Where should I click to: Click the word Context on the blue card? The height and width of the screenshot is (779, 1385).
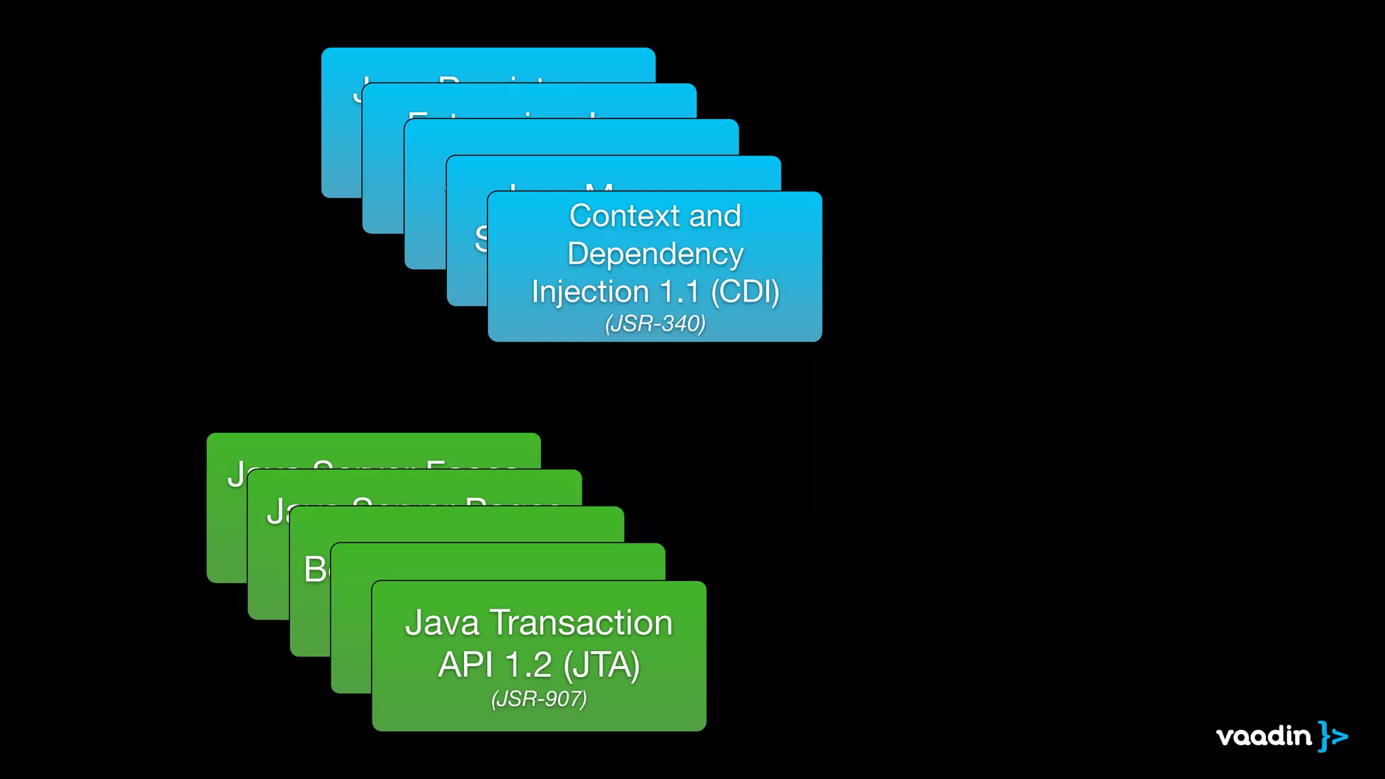(x=624, y=216)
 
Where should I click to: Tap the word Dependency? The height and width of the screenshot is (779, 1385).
(x=655, y=254)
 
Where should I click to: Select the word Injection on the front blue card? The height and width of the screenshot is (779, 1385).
(x=590, y=292)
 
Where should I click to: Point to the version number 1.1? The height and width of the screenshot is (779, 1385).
(x=680, y=292)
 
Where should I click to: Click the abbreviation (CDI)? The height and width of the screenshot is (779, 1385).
(x=745, y=292)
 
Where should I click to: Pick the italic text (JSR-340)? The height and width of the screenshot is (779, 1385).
(x=655, y=324)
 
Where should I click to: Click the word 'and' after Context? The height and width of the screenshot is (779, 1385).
(x=715, y=216)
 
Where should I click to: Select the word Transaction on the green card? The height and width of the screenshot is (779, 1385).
(x=581, y=623)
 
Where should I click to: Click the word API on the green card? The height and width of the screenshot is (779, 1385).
(x=465, y=665)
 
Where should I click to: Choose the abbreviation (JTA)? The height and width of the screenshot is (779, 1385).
(x=601, y=665)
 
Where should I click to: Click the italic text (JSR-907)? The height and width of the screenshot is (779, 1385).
(x=539, y=699)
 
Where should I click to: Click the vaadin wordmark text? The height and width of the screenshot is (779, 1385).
(x=1263, y=736)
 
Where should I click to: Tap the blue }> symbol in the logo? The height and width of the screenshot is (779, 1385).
(x=1333, y=736)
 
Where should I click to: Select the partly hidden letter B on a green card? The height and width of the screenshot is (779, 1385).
(x=315, y=569)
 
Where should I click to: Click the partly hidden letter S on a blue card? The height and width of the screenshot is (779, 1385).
(x=481, y=239)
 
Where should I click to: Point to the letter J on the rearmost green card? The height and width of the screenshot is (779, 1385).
(x=236, y=474)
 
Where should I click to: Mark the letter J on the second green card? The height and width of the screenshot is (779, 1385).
(x=275, y=511)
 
